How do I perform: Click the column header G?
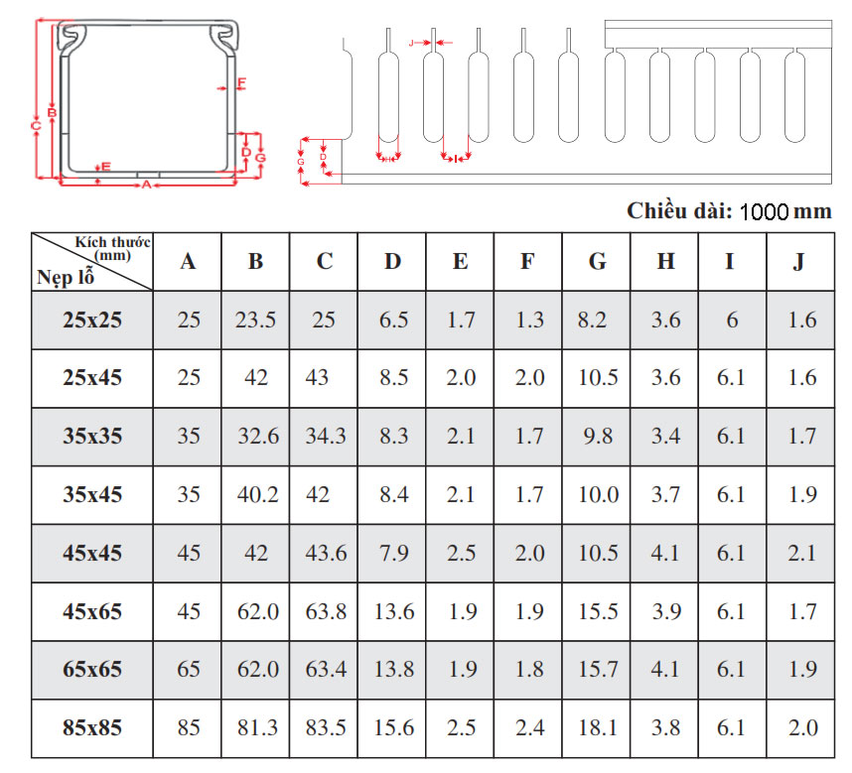[x=597, y=262]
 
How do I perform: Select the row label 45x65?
[x=92, y=612]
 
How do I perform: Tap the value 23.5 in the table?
[x=255, y=320]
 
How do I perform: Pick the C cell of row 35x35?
[x=325, y=436]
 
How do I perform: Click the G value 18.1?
[x=597, y=728]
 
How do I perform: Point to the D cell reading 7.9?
[x=393, y=553]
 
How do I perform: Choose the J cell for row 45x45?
[x=802, y=553]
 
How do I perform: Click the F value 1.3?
[x=530, y=320]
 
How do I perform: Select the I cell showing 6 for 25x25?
[x=732, y=320]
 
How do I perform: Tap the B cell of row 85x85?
[x=257, y=728]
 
